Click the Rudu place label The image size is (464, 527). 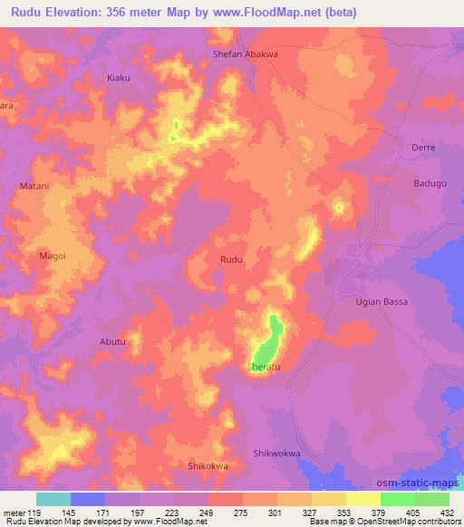point(231,260)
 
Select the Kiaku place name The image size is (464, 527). point(119,78)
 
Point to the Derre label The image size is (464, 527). point(423,147)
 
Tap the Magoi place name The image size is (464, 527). point(53,256)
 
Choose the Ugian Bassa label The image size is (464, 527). point(381,301)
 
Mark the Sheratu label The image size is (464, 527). point(265,368)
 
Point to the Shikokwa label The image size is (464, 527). point(207,465)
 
